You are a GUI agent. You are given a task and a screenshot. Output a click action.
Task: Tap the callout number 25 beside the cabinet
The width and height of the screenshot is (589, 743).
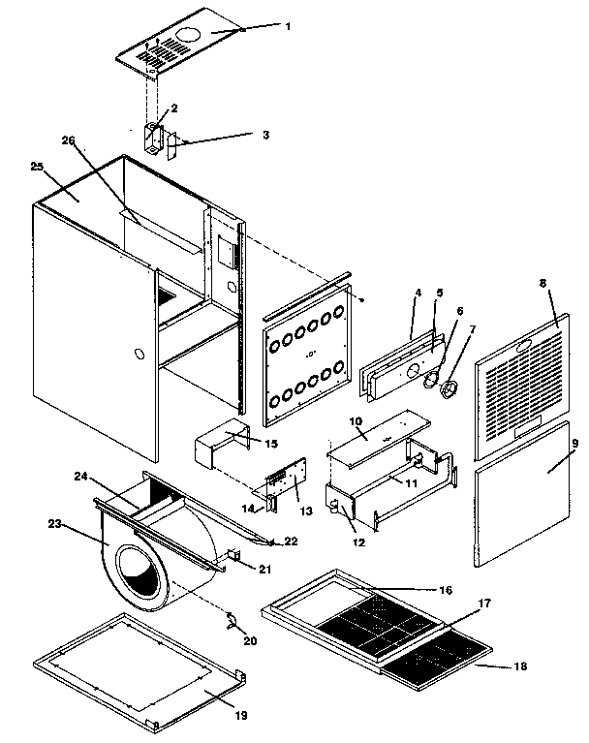pos(37,167)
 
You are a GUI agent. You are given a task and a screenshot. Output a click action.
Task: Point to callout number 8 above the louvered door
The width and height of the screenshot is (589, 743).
pos(542,285)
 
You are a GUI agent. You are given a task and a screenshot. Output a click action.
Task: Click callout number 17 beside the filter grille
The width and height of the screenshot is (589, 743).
pos(484,603)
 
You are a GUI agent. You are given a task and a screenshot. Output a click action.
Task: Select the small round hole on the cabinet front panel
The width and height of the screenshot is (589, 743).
pos(141,356)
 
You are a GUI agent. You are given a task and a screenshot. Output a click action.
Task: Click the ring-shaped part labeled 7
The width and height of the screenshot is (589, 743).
pos(449,390)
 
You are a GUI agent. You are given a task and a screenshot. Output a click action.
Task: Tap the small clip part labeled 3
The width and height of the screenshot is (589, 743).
pos(173,146)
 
